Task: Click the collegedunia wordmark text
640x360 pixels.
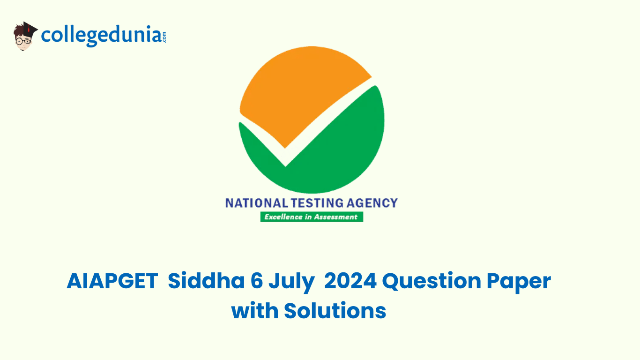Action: [102, 36]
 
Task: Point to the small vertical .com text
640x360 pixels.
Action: [164, 37]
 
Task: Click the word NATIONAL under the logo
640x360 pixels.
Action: [257, 203]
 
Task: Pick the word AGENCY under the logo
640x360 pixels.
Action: [372, 203]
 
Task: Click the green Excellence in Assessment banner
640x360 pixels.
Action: [312, 217]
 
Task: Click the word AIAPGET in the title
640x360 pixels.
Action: [112, 281]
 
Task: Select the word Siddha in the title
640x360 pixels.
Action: [206, 281]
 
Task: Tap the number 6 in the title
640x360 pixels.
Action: [257, 281]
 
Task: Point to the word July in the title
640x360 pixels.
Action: [291, 283]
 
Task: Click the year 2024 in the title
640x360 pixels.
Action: [350, 281]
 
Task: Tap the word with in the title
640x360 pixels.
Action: [255, 310]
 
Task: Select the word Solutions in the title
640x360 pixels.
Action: [335, 310]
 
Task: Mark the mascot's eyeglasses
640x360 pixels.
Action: [23, 41]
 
